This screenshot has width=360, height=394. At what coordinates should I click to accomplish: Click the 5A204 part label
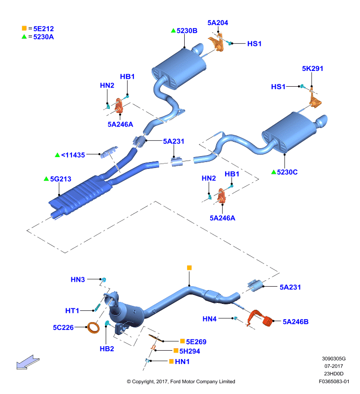pyautogui.click(x=218, y=23)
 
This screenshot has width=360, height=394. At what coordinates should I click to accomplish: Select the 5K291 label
pyautogui.click(x=313, y=68)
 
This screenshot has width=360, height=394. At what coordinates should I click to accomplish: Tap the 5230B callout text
pyautogui.click(x=187, y=31)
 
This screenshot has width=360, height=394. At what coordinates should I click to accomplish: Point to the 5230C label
pyautogui.click(x=287, y=172)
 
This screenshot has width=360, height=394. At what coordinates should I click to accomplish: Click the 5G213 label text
pyautogui.click(x=61, y=179)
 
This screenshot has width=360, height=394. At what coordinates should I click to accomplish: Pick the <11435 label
pyautogui.click(x=73, y=155)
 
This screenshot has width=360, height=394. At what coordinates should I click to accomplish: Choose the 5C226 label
pyautogui.click(x=63, y=328)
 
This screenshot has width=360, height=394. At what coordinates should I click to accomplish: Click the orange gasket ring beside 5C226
pyautogui.click(x=93, y=328)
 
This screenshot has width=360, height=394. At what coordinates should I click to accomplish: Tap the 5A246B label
pyautogui.click(x=295, y=322)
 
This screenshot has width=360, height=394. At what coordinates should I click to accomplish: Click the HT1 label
pyautogui.click(x=72, y=311)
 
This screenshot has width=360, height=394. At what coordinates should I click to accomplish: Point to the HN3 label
pyautogui.click(x=78, y=280)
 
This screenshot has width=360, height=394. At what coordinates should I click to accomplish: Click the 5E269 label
pyautogui.click(x=196, y=342)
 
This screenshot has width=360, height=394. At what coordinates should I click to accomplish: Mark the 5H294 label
pyautogui.click(x=190, y=351)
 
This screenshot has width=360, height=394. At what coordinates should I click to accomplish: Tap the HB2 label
pyautogui.click(x=107, y=349)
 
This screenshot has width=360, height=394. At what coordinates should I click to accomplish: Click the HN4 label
pyautogui.click(x=209, y=319)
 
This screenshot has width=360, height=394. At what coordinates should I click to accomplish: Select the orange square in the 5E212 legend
pyautogui.click(x=24, y=28)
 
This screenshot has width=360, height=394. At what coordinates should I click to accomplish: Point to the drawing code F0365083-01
pyautogui.click(x=334, y=382)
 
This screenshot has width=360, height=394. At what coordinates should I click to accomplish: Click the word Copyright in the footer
pyautogui.click(x=143, y=382)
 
